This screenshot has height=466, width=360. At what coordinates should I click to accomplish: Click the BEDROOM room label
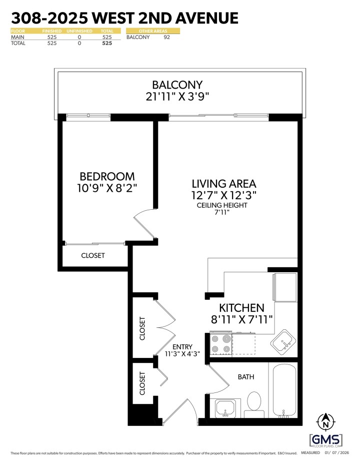(107, 177)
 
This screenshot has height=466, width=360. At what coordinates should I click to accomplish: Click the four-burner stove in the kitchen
(220, 344)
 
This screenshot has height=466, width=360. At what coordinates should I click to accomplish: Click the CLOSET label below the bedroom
(93, 255)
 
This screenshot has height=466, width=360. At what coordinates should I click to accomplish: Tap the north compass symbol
(326, 421)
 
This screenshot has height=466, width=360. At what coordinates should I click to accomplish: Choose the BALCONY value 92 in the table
(167, 37)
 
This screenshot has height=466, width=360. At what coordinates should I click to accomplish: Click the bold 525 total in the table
(106, 44)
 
